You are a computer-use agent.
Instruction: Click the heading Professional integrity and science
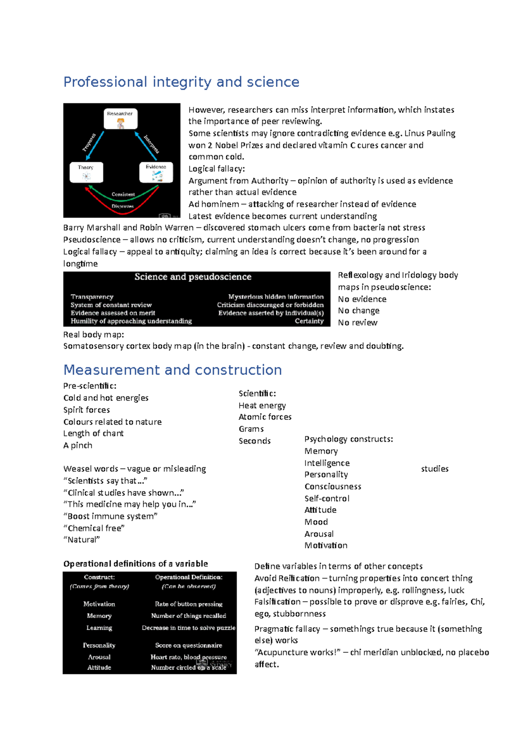point(181,82)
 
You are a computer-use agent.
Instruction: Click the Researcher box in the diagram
point(120,119)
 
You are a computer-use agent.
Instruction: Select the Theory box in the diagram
point(86,172)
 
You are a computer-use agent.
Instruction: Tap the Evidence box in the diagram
point(156,172)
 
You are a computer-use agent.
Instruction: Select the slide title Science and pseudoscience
point(193,277)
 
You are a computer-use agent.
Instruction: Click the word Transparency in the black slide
point(92,297)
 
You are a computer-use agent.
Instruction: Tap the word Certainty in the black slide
point(309,321)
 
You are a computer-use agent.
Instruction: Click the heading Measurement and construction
point(173,370)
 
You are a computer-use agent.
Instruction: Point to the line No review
point(357,323)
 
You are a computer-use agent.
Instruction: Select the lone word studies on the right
point(435,469)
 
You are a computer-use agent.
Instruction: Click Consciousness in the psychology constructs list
point(333,487)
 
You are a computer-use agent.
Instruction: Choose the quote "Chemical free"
point(94,528)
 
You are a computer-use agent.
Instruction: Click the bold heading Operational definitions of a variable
point(136,564)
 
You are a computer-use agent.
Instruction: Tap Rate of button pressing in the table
point(188,604)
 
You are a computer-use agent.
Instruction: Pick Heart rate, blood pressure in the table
point(188,657)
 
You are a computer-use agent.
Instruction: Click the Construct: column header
point(99,577)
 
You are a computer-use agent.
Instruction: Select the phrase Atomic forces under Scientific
point(265,417)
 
